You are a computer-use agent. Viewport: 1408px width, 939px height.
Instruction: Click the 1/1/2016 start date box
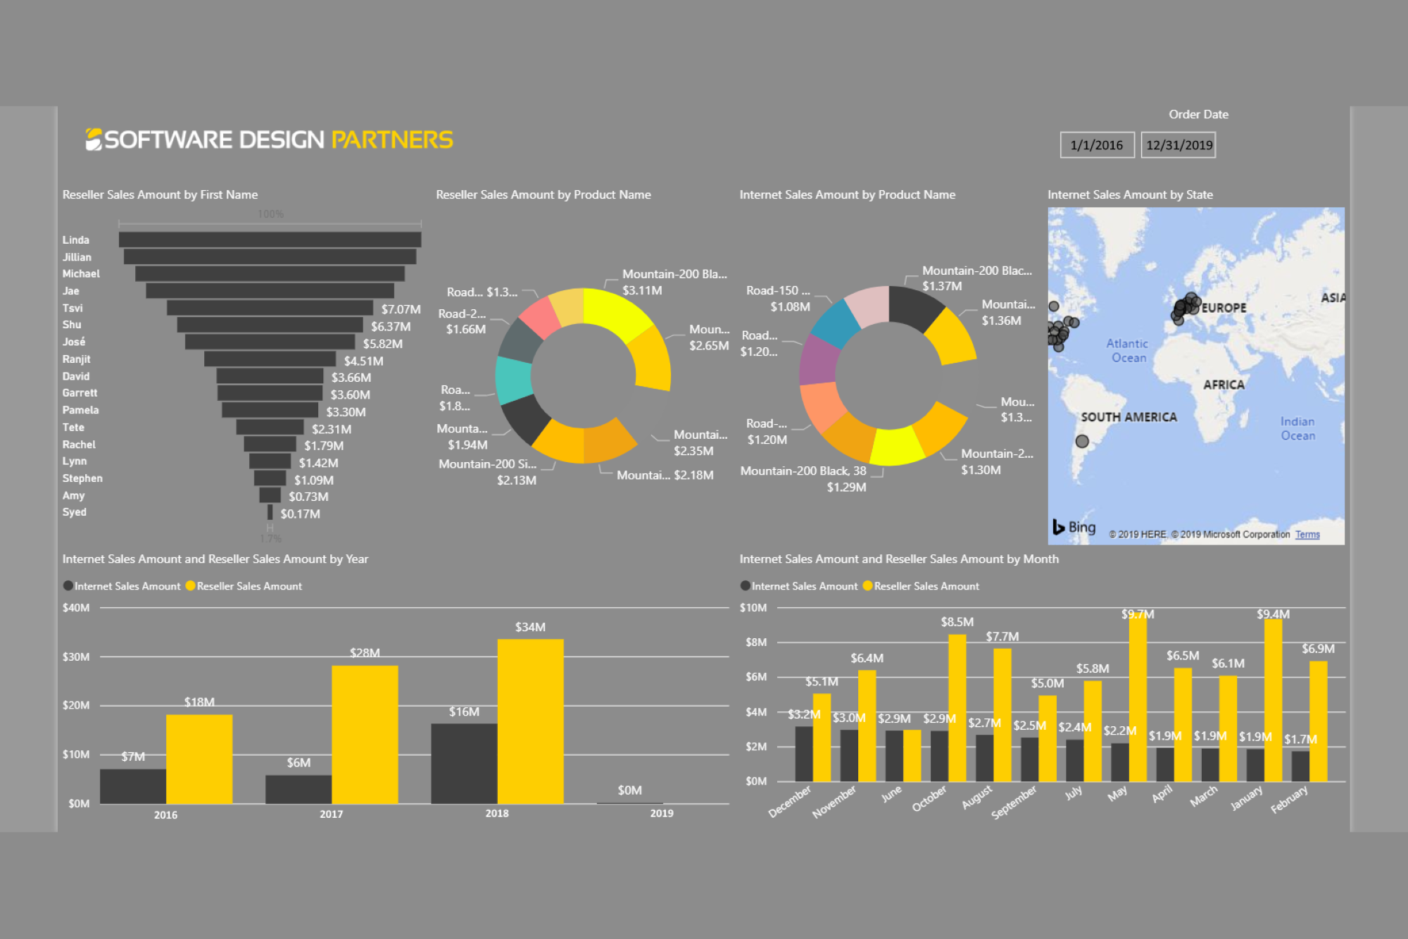click(1097, 145)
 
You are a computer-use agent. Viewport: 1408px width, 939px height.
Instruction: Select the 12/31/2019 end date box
click(1178, 145)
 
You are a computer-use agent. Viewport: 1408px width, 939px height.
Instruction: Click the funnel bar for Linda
click(270, 240)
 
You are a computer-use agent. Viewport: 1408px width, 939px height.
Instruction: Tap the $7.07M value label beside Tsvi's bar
click(401, 309)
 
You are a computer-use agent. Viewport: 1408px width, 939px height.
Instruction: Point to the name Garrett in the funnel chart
click(80, 393)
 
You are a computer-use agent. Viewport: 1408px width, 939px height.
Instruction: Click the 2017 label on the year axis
click(331, 814)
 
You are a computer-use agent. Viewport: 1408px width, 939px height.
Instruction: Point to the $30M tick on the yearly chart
click(76, 657)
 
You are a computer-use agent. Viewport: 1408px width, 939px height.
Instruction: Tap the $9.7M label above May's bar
click(1138, 614)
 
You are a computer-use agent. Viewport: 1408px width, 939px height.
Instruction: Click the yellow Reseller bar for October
click(957, 707)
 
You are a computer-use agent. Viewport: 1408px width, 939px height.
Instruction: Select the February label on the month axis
click(1289, 800)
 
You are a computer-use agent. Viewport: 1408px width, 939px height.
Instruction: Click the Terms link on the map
click(1307, 535)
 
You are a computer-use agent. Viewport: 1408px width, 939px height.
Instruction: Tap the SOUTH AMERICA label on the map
click(1129, 417)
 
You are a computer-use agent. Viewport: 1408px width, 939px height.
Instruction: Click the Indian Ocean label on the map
click(1297, 428)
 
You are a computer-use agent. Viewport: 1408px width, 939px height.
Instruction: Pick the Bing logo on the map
click(1074, 527)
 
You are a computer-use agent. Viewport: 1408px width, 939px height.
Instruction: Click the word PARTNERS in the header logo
click(392, 139)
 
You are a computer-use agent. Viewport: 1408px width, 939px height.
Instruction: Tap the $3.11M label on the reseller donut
click(642, 290)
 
